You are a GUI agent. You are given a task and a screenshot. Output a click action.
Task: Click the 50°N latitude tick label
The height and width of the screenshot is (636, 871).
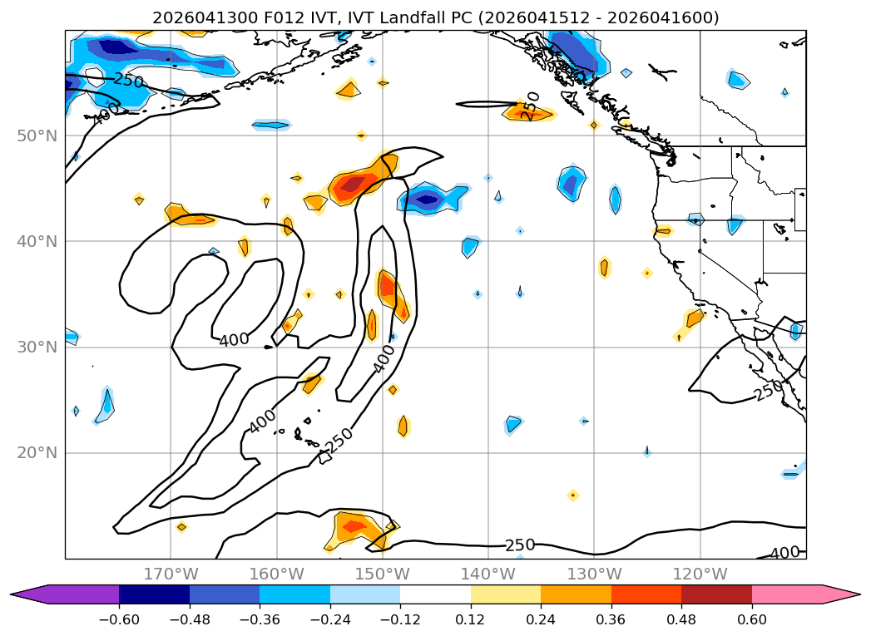[37, 136]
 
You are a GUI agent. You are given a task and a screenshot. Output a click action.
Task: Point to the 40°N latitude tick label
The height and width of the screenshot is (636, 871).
[37, 241]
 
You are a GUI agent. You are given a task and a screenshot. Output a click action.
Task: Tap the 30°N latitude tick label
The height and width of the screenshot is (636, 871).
[37, 348]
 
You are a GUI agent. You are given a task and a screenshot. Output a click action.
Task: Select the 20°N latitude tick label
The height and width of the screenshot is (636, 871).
[37, 453]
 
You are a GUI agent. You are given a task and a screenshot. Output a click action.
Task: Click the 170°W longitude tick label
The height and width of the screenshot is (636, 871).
[171, 574]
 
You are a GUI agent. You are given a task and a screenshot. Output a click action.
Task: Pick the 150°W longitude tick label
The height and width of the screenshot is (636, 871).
[382, 574]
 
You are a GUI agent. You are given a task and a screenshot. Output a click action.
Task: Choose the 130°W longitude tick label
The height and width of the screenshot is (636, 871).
[594, 574]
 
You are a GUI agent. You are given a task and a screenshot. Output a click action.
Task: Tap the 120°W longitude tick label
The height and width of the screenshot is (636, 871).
[700, 574]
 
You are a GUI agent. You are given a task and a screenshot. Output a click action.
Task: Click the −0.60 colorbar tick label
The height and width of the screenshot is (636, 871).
[119, 619]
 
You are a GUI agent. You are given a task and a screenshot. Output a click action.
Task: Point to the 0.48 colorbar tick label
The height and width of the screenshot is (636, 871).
[681, 619]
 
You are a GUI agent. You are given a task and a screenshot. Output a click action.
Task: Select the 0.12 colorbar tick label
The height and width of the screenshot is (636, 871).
[471, 619]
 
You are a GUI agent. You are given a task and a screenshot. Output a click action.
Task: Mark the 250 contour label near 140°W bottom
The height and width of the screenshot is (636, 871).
[520, 545]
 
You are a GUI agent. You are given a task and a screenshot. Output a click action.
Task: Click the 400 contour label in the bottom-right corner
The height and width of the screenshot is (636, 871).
[785, 552]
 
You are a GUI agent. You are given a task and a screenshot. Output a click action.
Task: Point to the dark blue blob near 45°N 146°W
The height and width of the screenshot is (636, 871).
[427, 200]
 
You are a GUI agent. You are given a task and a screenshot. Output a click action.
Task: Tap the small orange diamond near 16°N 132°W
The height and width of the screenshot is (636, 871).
[573, 495]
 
